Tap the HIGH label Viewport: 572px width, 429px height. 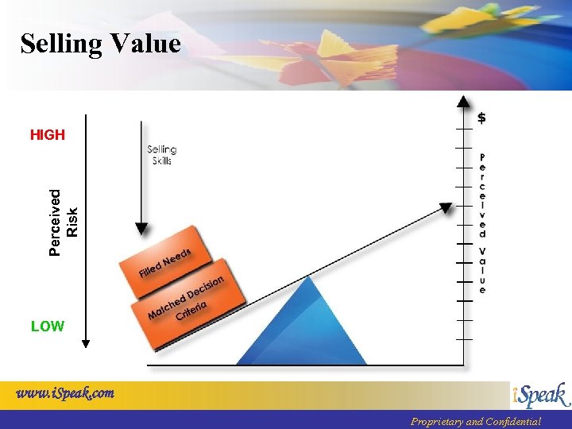pos(48,135)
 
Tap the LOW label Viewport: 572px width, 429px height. pos(48,327)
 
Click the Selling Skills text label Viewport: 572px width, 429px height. pos(161,155)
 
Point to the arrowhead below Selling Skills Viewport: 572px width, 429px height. pos(141,229)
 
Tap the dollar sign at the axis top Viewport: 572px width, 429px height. pos(482,118)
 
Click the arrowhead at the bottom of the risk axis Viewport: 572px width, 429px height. pos(86,343)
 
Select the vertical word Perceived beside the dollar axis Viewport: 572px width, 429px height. pos(482,195)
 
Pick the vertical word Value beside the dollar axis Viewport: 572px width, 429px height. pos(482,271)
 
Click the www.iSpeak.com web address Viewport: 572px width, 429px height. pos(65,392)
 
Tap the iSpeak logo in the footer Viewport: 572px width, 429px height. pos(540,395)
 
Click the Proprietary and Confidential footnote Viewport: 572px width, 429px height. pos(475,422)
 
